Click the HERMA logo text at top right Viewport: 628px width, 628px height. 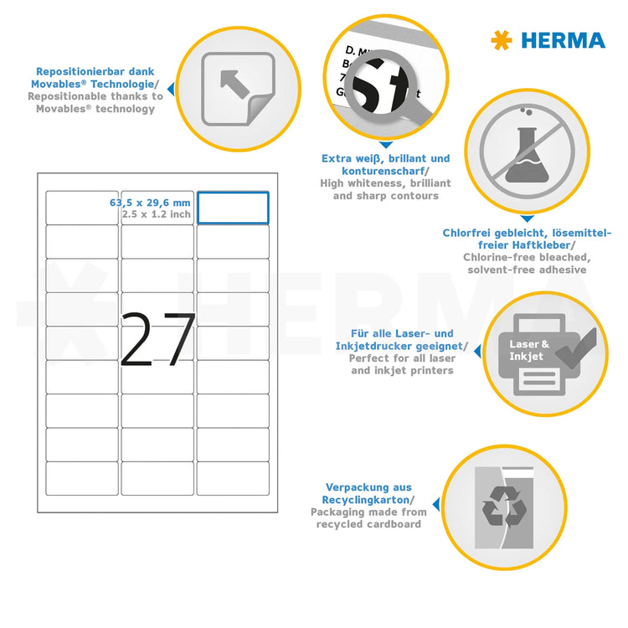tap(563, 39)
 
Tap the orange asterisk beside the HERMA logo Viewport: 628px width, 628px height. tap(502, 39)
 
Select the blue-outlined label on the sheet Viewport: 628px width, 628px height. tap(233, 208)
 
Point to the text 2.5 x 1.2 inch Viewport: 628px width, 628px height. tap(156, 214)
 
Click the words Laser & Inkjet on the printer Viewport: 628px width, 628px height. tap(529, 350)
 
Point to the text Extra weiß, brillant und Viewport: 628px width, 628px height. tap(385, 158)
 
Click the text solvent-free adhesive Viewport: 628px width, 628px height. tap(527, 270)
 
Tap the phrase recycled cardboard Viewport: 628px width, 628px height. tap(368, 524)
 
